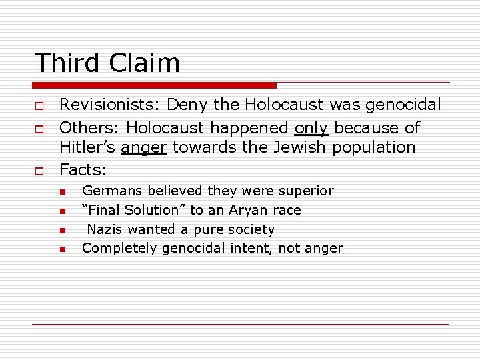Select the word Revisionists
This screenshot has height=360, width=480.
click(109, 105)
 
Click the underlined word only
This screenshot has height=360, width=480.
click(311, 127)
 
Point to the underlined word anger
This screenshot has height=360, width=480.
click(144, 147)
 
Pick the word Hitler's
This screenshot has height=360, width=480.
click(87, 147)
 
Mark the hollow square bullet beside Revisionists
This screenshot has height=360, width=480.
click(38, 105)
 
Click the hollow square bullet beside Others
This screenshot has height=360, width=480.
click(38, 128)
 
